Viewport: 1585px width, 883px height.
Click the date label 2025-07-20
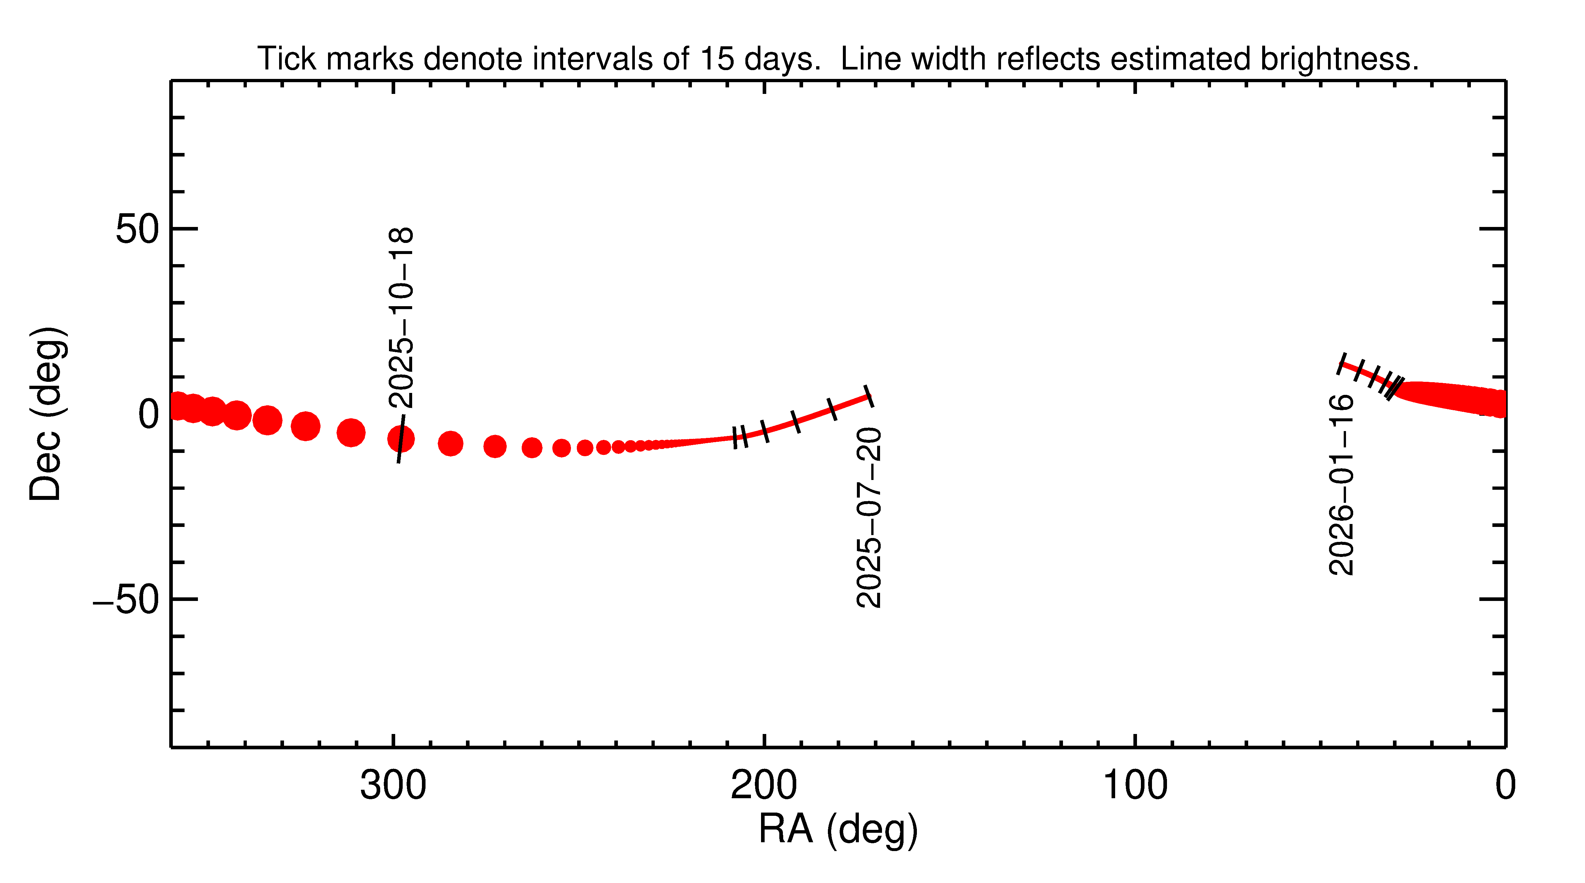click(x=869, y=518)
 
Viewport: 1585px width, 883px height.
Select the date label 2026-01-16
click(x=1341, y=485)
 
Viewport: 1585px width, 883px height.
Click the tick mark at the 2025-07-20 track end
click(x=868, y=396)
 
